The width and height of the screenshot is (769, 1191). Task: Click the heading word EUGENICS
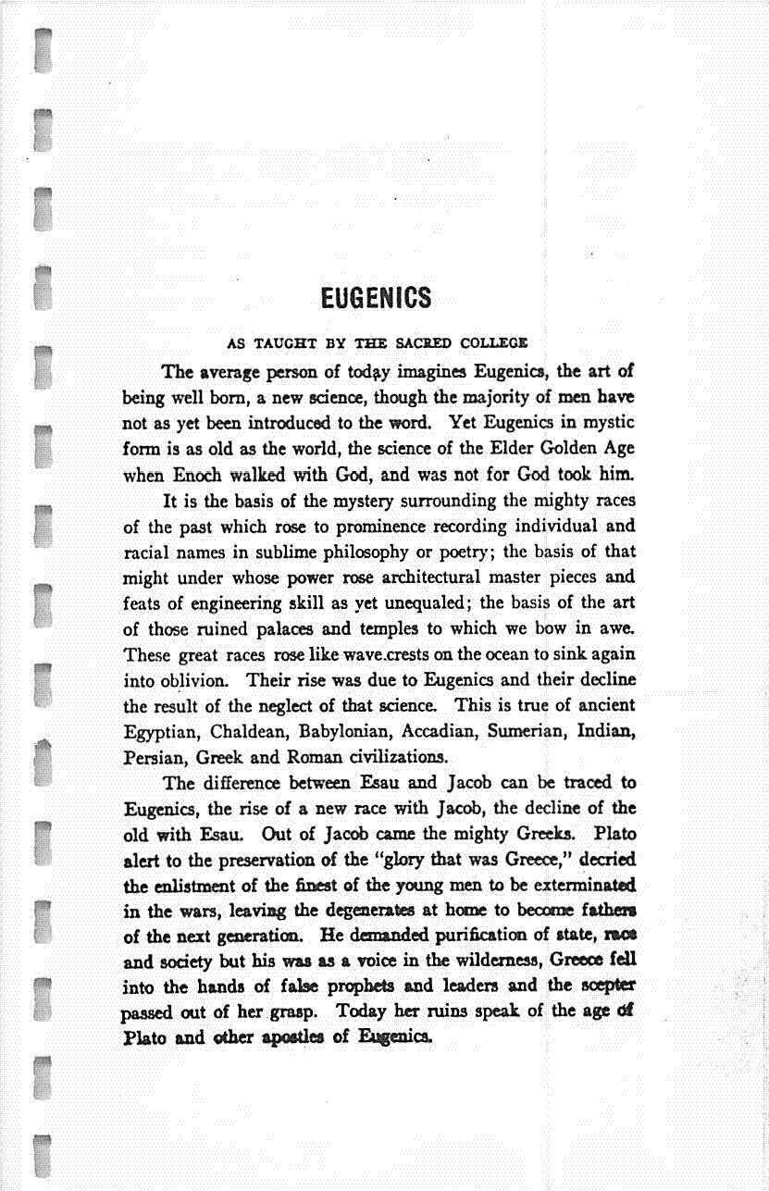376,298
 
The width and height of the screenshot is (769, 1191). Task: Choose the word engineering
240,602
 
